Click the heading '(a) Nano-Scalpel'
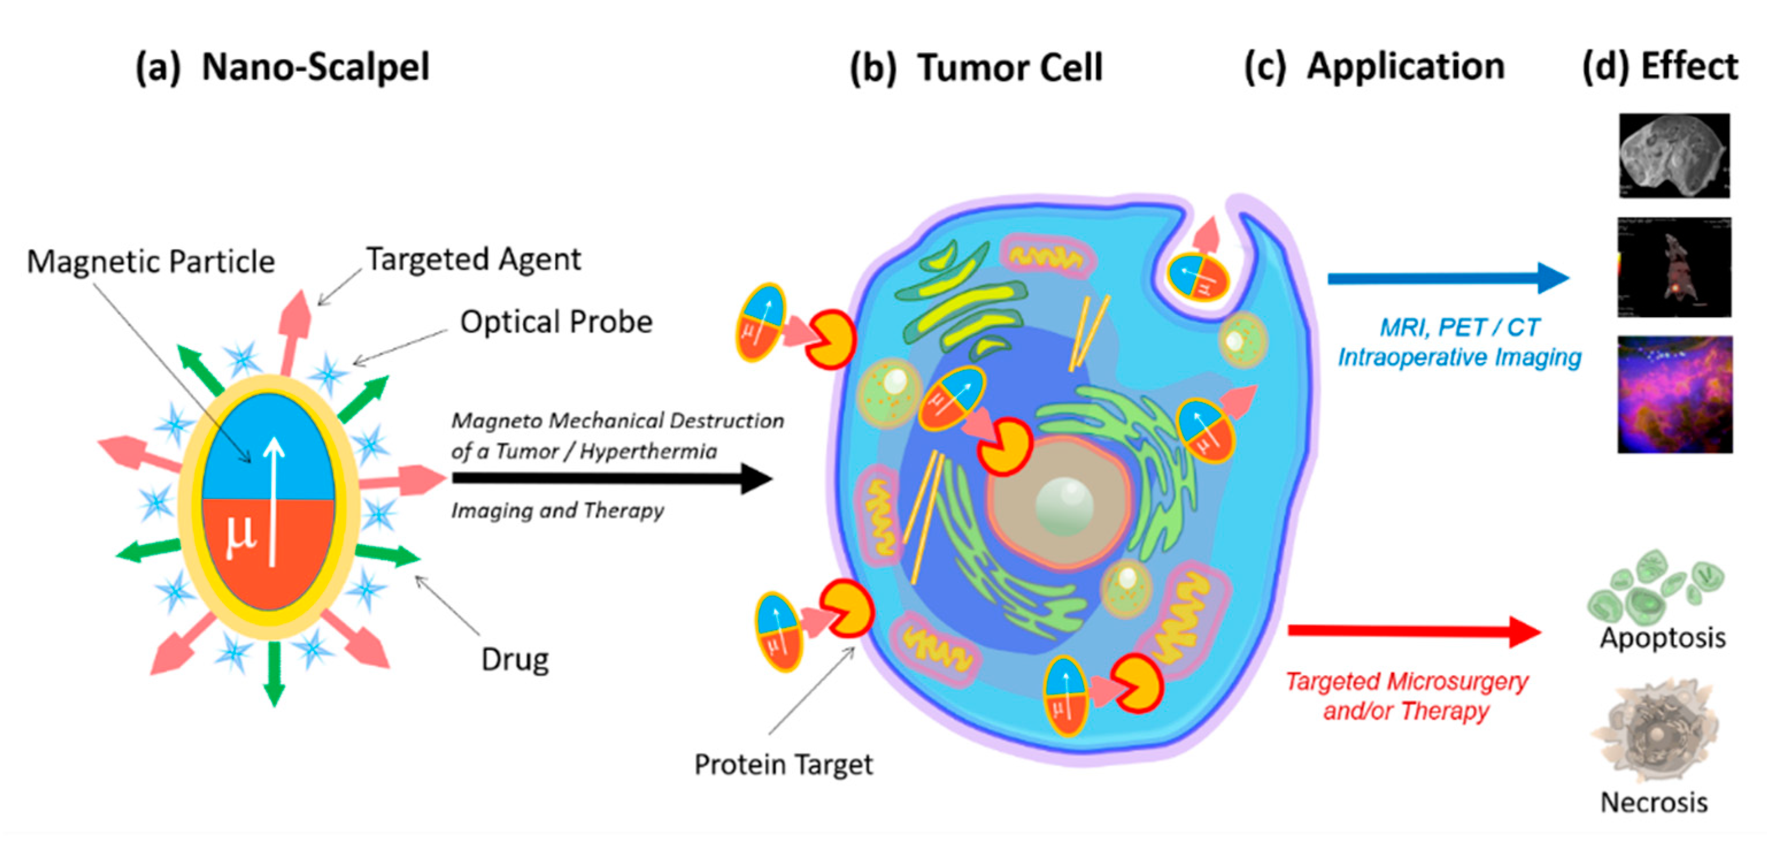click(282, 67)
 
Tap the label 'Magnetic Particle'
click(151, 261)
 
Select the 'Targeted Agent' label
click(473, 259)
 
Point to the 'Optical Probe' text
click(555, 322)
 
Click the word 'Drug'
click(515, 659)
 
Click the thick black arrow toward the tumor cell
click(611, 478)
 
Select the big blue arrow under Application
click(1448, 278)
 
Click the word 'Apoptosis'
click(1662, 638)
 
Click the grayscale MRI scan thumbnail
click(1674, 156)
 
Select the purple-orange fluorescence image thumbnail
click(1675, 395)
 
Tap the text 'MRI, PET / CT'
click(1460, 328)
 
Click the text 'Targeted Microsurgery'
click(1406, 681)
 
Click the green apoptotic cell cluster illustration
click(1653, 587)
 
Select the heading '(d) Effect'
click(1660, 67)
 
